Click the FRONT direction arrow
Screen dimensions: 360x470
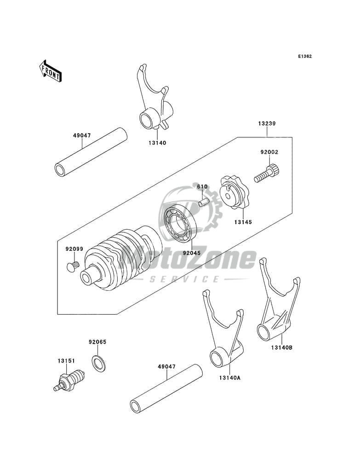(x=50, y=71)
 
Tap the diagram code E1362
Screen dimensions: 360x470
(x=305, y=56)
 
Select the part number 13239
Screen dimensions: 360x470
(x=267, y=123)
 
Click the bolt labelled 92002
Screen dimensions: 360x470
(x=267, y=174)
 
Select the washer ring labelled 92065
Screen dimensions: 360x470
(x=98, y=363)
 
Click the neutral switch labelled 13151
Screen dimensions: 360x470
(x=69, y=380)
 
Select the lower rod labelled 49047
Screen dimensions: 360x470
(x=166, y=389)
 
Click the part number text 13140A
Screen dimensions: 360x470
(x=230, y=378)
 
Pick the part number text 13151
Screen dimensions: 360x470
(x=66, y=361)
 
